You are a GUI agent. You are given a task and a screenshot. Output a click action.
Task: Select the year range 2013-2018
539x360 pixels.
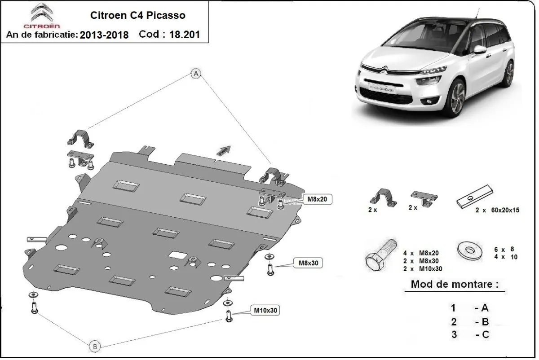104,35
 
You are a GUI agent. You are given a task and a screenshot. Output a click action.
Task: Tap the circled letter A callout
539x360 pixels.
196,74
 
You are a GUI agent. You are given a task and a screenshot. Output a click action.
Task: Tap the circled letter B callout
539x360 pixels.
94,346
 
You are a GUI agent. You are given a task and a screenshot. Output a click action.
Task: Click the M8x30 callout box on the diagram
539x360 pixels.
309,263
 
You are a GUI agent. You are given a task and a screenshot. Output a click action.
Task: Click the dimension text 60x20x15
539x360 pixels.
501,210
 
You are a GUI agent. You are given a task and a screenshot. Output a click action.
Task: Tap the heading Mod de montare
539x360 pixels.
454,284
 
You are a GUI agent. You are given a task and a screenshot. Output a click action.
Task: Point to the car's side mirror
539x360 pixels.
479,49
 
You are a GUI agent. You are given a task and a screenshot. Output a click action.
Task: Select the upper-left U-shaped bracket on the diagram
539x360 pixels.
81,137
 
